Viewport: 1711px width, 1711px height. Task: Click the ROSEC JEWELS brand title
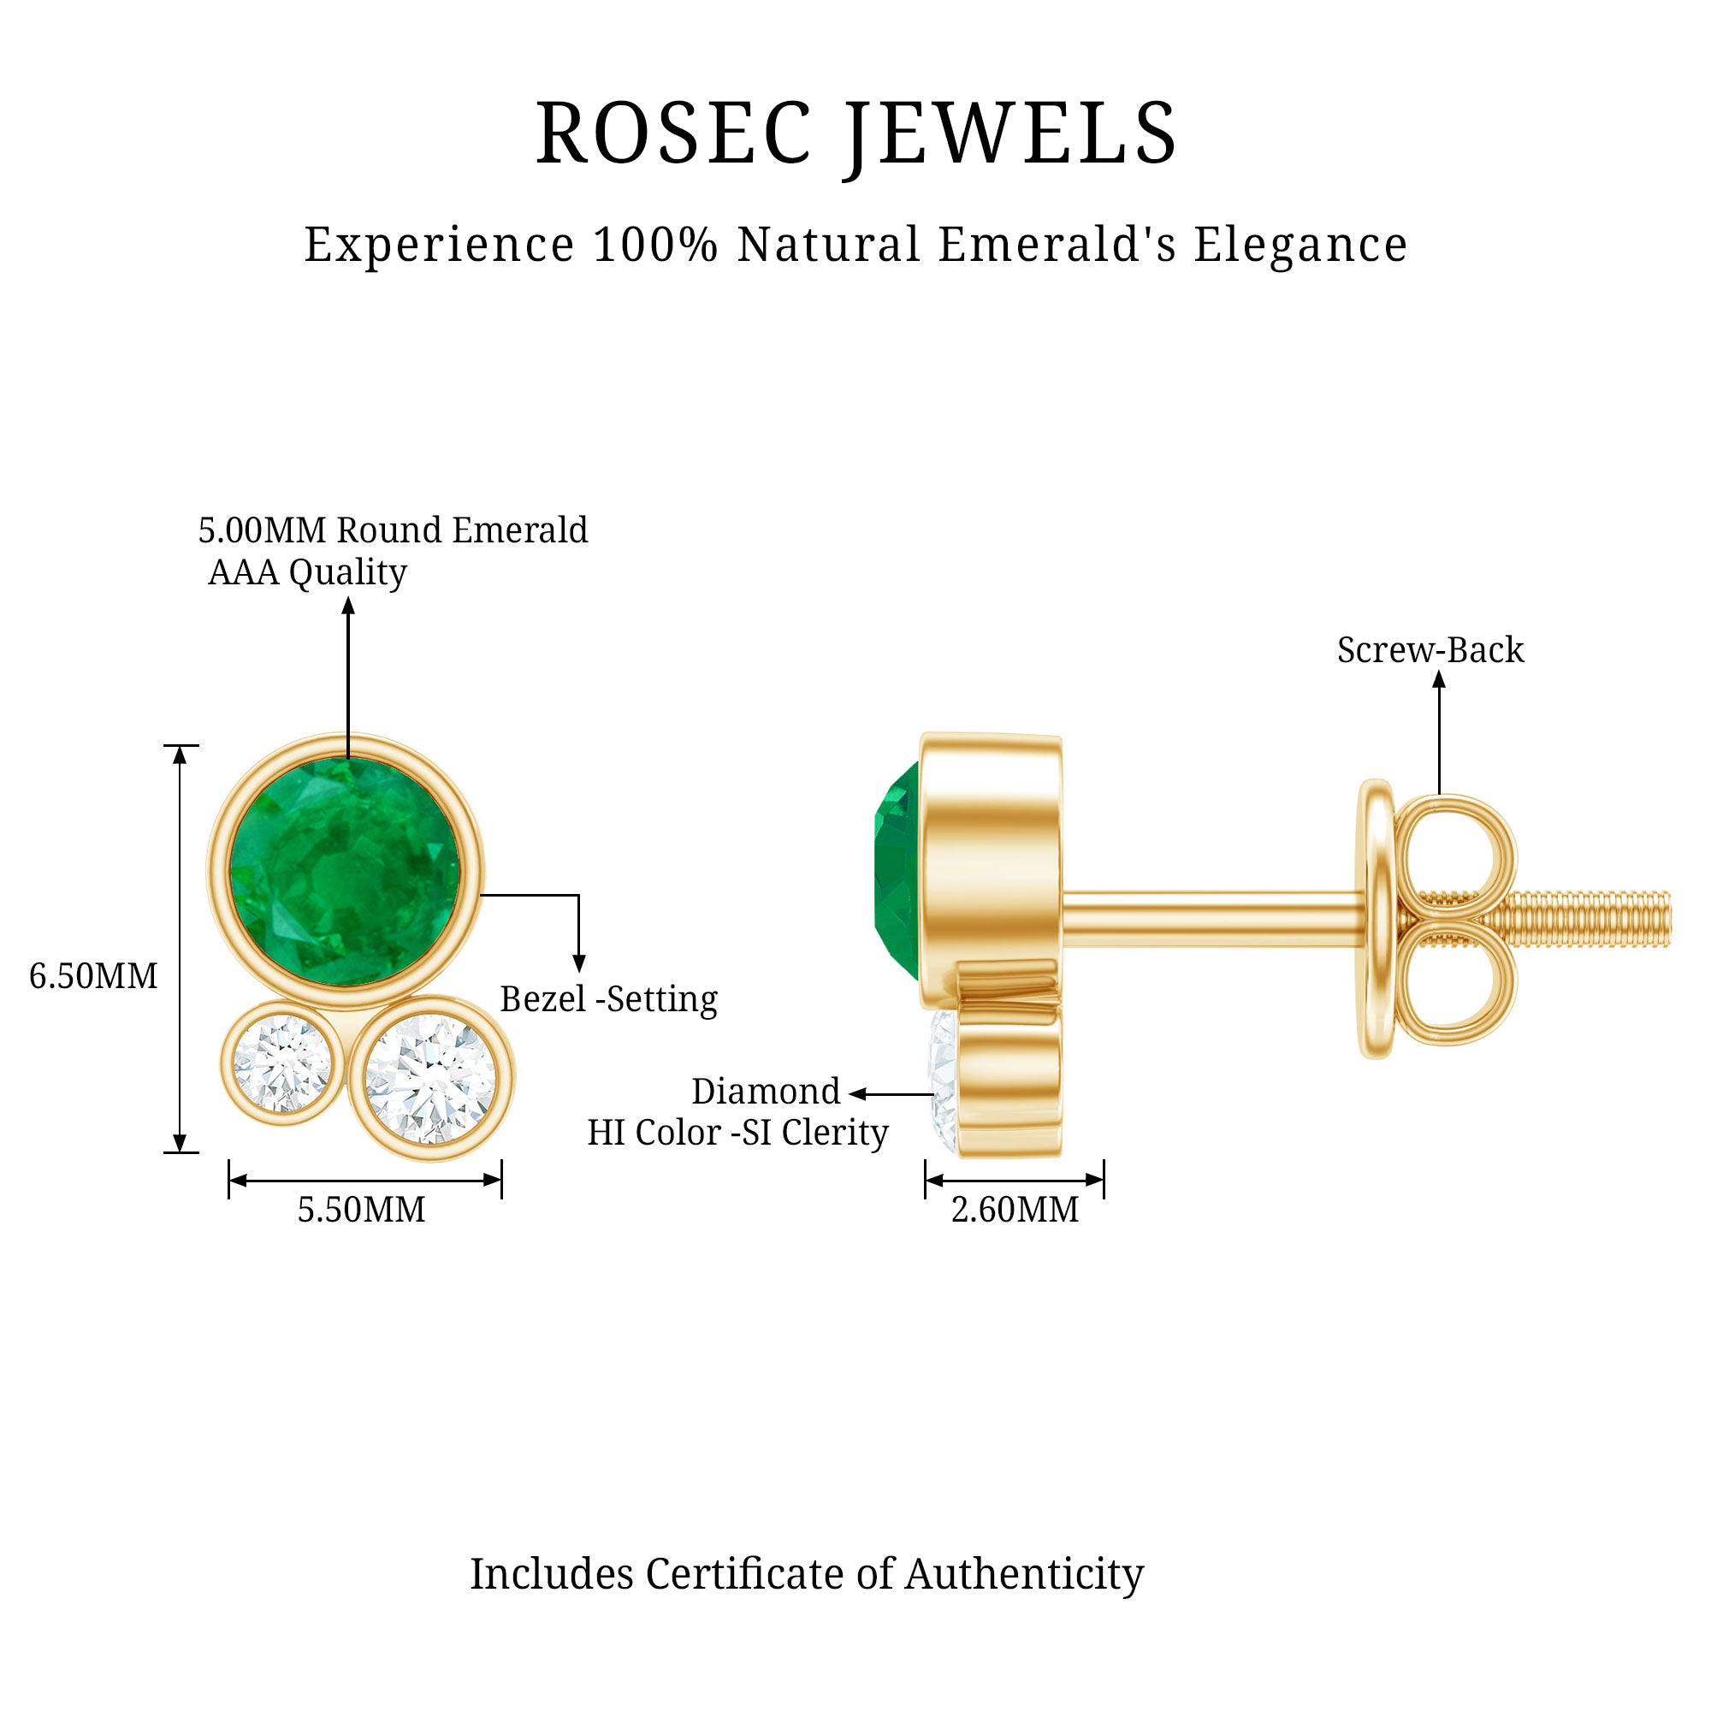[x=855, y=133]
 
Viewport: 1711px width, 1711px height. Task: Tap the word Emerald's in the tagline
[x=1057, y=245]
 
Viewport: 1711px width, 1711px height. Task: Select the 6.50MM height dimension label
[x=93, y=976]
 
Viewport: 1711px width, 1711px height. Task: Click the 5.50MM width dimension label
[x=360, y=1209]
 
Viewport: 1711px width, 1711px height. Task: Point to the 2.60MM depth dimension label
[x=1014, y=1209]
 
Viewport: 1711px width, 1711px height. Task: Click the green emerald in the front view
[x=346, y=870]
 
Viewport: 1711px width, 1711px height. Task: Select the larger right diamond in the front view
[x=430, y=1079]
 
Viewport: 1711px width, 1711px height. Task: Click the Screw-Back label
[x=1430, y=650]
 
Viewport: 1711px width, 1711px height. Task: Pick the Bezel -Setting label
[x=608, y=999]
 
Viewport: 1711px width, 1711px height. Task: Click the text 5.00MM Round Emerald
[x=393, y=530]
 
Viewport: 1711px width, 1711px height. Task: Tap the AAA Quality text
[x=307, y=572]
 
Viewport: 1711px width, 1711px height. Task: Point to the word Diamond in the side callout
[x=765, y=1091]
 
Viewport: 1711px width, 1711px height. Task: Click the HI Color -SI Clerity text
[x=737, y=1133]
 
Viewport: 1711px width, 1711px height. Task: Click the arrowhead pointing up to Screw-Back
[x=1439, y=679]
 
